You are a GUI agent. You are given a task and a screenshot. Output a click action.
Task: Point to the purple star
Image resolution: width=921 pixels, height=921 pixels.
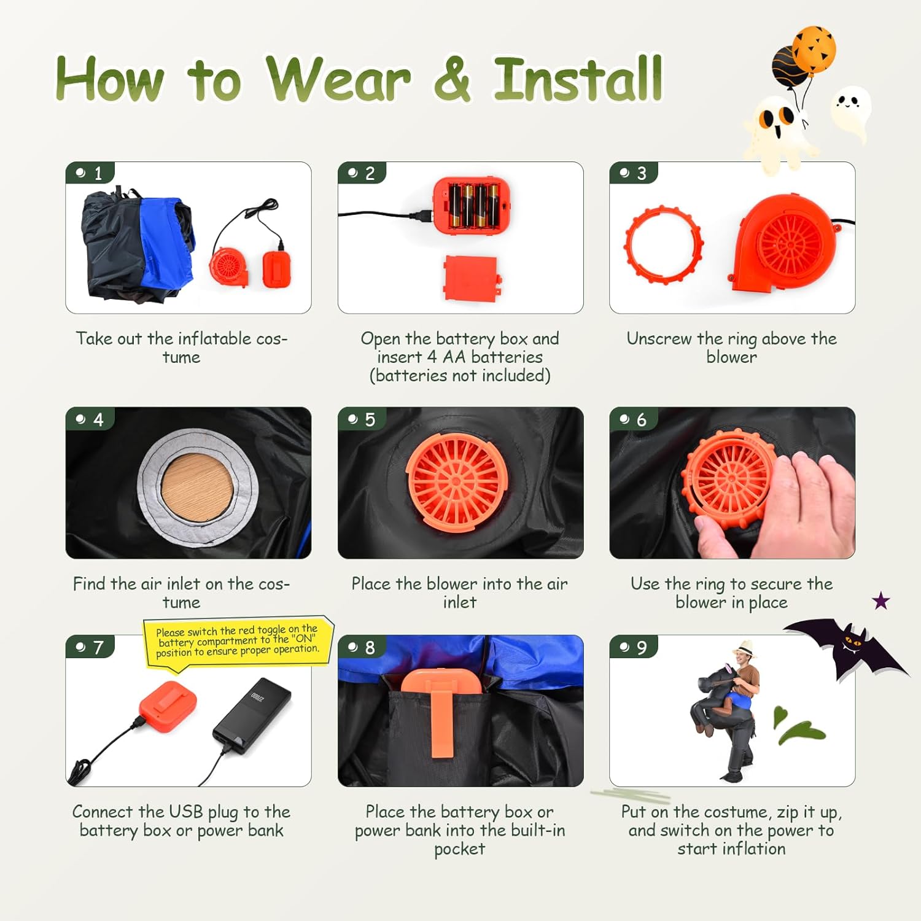point(881,600)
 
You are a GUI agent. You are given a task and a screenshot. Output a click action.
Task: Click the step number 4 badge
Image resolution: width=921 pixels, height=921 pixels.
point(90,419)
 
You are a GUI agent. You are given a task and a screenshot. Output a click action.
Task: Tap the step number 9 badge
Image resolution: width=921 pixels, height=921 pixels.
point(634,647)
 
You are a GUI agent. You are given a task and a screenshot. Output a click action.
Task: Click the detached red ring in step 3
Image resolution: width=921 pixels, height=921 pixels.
point(664,245)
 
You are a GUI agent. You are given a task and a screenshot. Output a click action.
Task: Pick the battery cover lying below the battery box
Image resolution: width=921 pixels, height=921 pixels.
point(472,278)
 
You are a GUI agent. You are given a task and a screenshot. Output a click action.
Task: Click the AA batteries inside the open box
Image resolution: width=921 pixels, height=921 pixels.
point(472,205)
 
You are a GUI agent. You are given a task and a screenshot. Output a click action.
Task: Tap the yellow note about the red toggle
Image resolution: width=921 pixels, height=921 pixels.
point(238,640)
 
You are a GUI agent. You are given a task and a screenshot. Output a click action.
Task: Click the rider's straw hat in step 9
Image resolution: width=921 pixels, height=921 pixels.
point(745,648)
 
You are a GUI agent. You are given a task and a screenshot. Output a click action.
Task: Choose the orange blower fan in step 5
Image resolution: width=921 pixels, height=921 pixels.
point(457,479)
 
